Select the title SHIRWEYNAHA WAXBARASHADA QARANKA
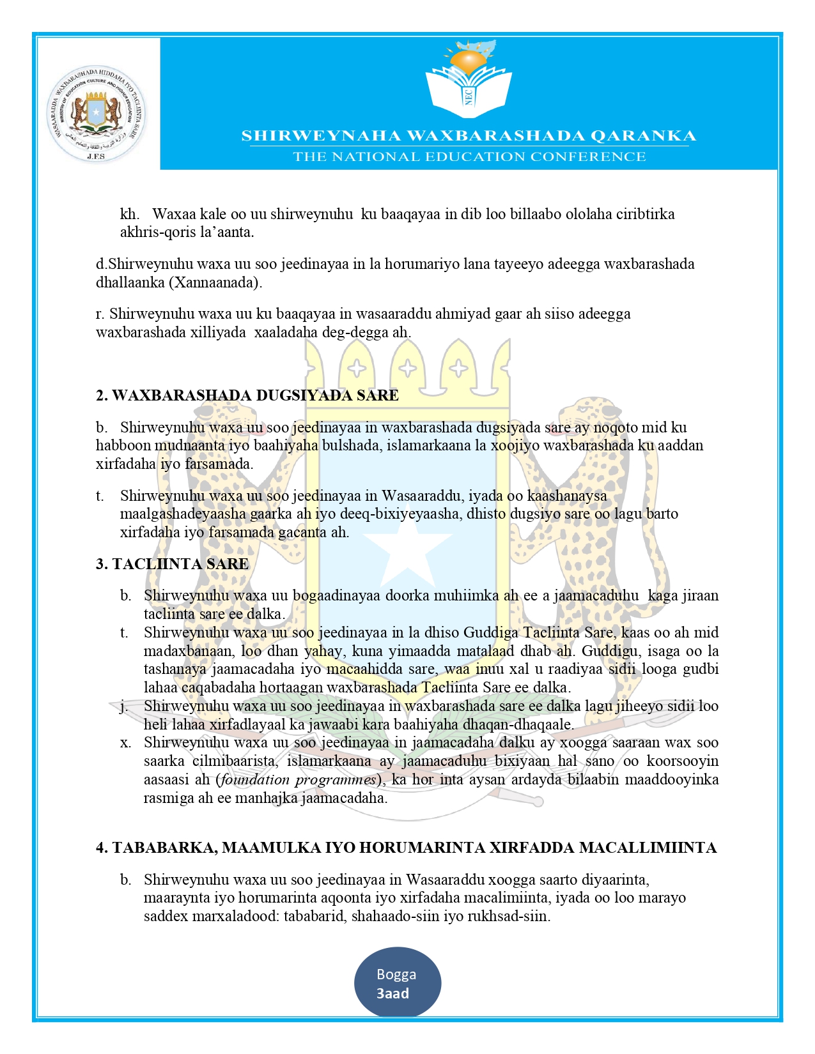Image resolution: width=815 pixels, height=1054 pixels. [x=469, y=135]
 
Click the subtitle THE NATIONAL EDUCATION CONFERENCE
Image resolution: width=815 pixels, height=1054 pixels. [x=469, y=157]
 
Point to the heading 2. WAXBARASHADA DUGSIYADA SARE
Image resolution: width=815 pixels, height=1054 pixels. [x=247, y=395]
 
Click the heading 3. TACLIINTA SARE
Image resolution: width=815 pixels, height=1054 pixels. [x=172, y=564]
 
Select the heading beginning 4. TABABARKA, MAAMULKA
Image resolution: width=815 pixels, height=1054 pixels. [x=406, y=848]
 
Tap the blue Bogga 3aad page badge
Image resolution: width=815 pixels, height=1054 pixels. [x=397, y=983]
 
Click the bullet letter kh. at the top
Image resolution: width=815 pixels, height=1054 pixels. [x=129, y=214]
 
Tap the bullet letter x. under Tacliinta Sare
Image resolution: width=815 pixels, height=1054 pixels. [x=125, y=743]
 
